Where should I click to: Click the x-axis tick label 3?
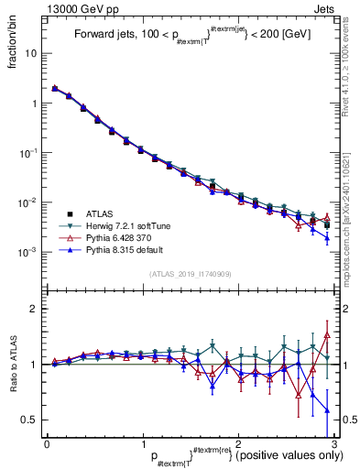(x=335, y=444)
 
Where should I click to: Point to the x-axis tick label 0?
(x=47, y=444)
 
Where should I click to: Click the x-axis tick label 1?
(x=143, y=444)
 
